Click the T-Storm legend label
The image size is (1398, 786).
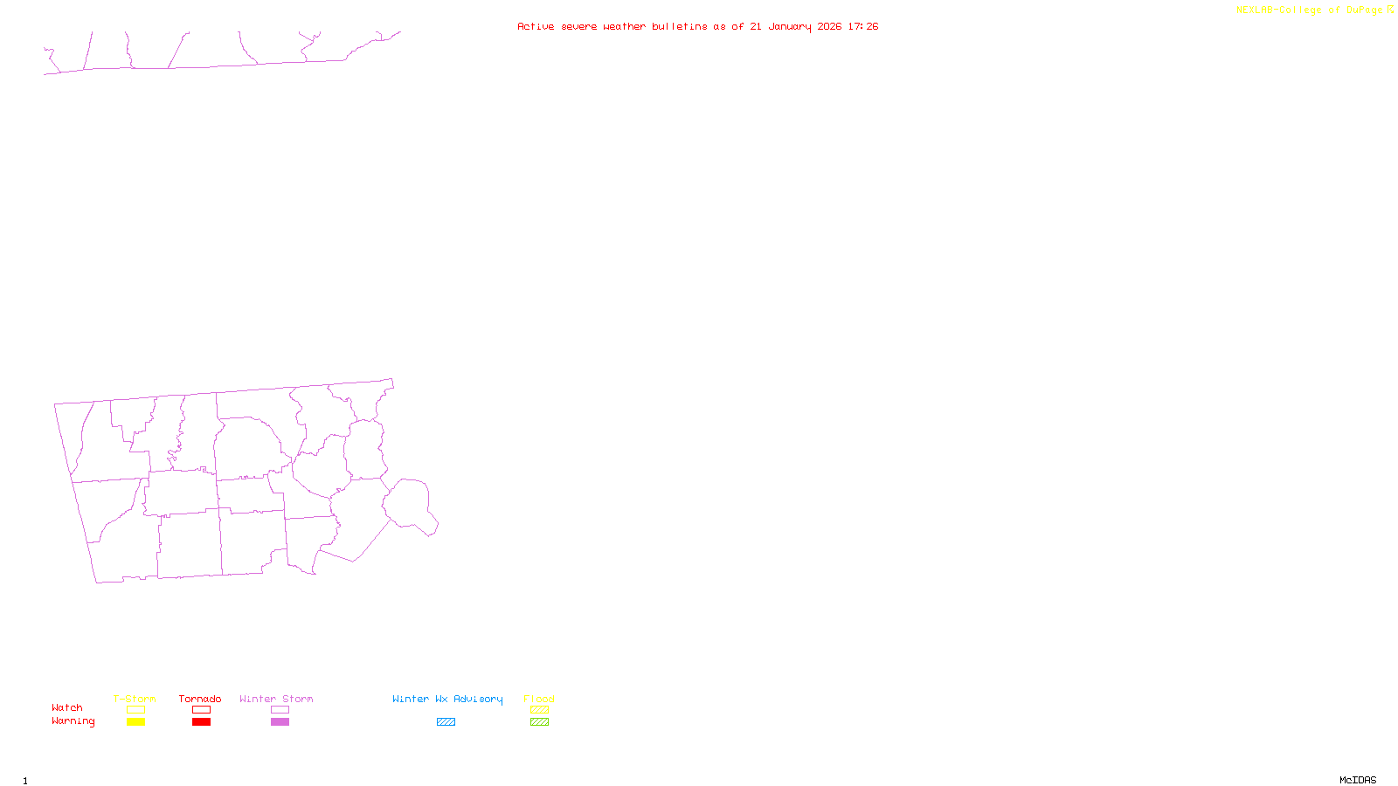tap(135, 699)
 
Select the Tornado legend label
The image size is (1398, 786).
tap(200, 699)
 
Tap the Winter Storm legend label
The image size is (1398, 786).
tap(276, 699)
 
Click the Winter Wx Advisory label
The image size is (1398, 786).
tap(447, 699)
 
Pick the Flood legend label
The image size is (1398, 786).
tap(539, 699)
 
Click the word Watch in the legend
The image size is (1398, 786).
tap(67, 707)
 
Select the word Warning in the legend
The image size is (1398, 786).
tap(73, 721)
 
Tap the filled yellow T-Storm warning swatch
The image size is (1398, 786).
tap(135, 722)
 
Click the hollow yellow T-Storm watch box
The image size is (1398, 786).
tap(135, 710)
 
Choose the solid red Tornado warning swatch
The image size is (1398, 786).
tap(201, 722)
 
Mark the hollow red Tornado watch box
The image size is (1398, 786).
tap(201, 710)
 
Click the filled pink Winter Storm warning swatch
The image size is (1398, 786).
tap(280, 722)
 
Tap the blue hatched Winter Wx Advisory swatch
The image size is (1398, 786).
tap(446, 722)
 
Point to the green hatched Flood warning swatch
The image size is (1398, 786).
tap(539, 722)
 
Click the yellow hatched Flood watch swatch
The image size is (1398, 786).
tap(539, 710)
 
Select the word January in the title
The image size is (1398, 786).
tap(789, 26)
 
